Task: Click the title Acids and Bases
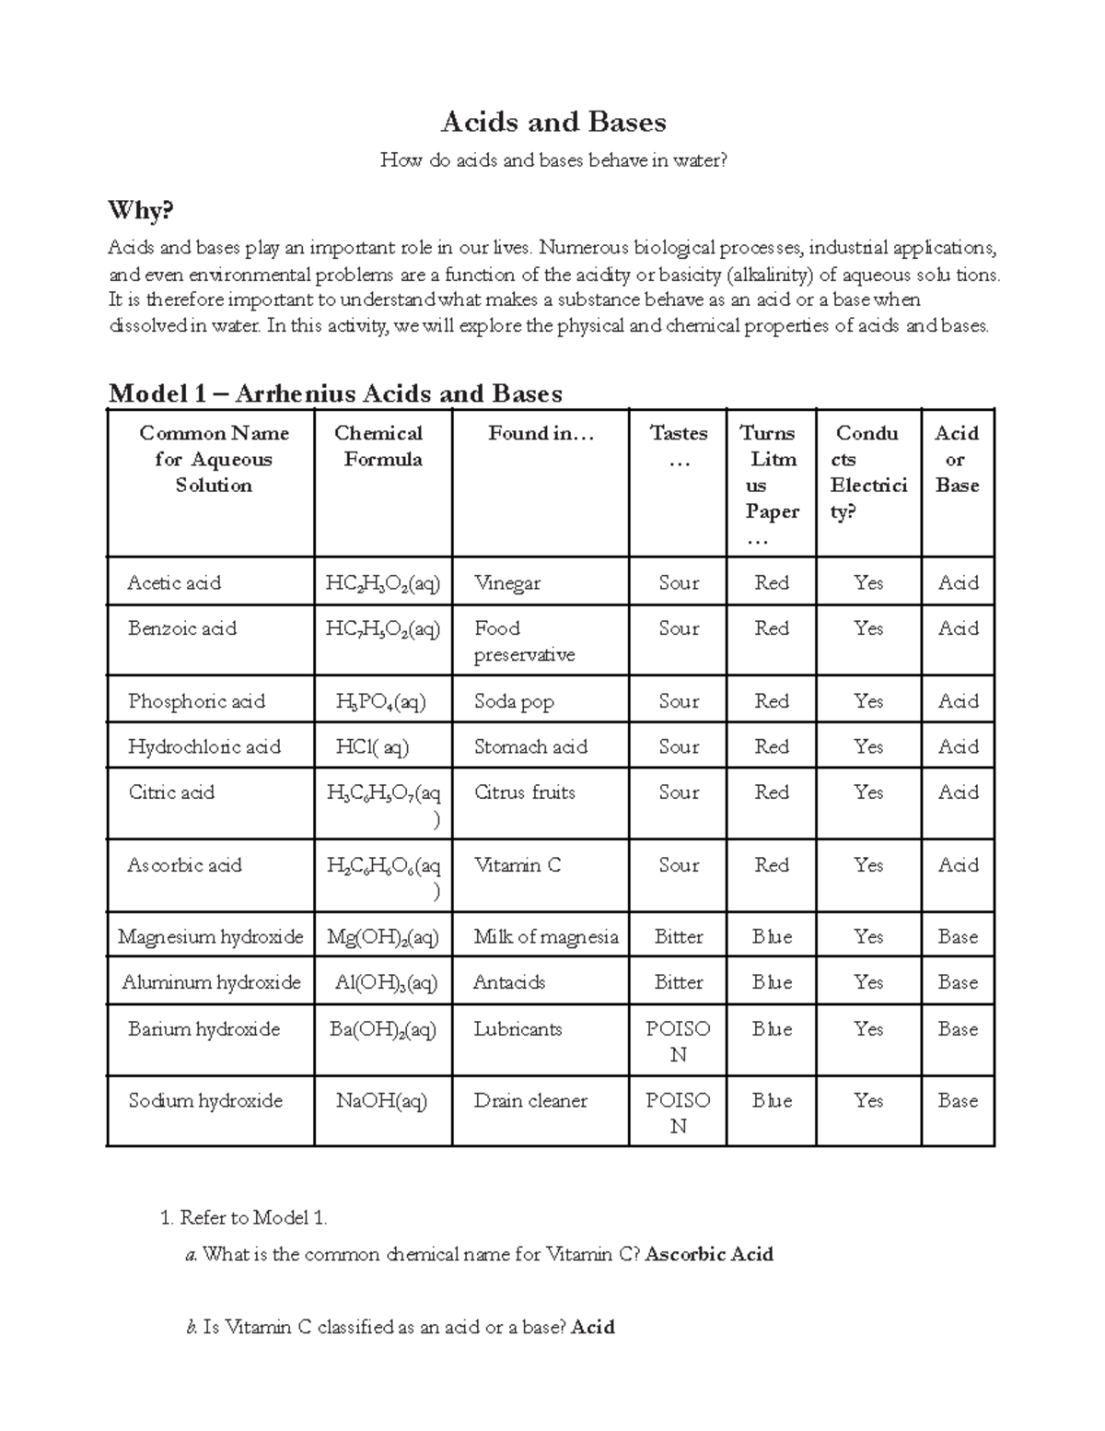click(553, 122)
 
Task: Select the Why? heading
click(140, 211)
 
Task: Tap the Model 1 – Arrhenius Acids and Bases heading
click(335, 393)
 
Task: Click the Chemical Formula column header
click(382, 446)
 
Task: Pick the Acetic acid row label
click(174, 582)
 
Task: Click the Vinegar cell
click(507, 582)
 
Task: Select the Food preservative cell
click(524, 641)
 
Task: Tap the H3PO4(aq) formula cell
click(381, 701)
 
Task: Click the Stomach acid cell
click(530, 746)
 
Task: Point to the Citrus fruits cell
click(524, 792)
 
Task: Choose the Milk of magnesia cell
click(545, 937)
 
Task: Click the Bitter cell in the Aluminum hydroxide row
click(678, 982)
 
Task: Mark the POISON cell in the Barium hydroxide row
click(678, 1041)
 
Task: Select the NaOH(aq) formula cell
click(381, 1100)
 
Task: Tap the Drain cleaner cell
click(530, 1100)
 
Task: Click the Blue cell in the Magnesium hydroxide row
click(772, 937)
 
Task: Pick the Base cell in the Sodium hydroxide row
click(958, 1100)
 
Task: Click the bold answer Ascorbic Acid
click(709, 1254)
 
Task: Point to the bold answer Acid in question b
click(593, 1327)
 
